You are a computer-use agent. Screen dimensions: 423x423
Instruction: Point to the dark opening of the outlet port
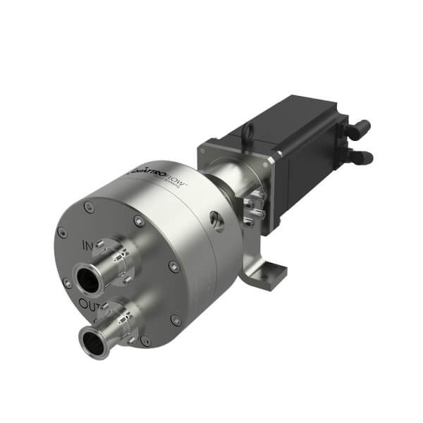coord(92,343)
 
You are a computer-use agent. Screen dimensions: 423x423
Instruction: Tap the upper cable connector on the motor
coord(360,129)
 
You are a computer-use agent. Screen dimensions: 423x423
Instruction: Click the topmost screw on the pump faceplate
coord(87,207)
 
